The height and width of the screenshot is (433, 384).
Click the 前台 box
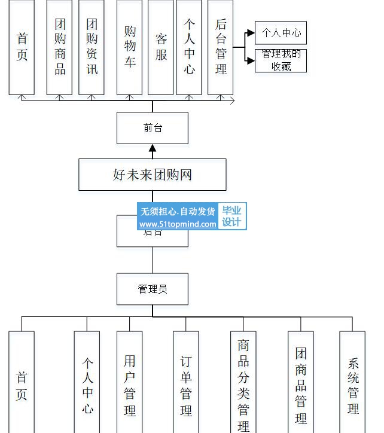point(152,128)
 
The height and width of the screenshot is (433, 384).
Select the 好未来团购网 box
point(152,175)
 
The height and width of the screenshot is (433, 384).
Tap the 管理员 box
point(152,289)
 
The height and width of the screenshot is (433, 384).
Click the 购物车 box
point(129,47)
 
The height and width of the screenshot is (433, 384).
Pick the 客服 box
point(160,47)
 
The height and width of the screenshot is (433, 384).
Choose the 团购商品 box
point(59,47)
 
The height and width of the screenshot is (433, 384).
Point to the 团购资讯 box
point(92,47)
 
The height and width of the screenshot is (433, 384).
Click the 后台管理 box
point(220,47)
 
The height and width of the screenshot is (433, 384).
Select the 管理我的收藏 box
point(281,60)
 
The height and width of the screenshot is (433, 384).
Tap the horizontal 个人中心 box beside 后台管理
point(281,33)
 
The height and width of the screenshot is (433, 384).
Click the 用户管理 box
point(129,383)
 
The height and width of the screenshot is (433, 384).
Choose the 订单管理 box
point(186,383)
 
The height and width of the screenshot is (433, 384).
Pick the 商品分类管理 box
point(243,383)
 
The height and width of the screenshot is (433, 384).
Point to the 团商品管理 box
point(300,383)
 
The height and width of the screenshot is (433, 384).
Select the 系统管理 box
point(352,383)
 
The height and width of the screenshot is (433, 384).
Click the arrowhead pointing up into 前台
point(153,148)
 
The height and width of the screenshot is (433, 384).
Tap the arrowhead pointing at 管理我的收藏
point(250,60)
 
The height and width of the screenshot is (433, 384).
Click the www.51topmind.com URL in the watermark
point(178,225)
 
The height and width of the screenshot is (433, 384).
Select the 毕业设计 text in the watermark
point(231,216)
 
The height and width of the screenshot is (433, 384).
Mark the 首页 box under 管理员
point(22,383)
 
